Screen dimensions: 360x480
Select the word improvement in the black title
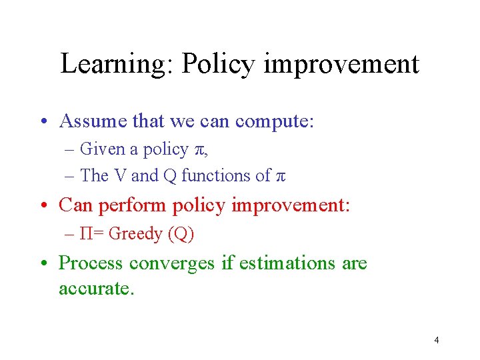[x=341, y=64]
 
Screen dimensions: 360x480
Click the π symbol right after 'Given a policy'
[x=201, y=150]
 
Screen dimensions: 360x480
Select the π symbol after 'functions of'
[x=280, y=177]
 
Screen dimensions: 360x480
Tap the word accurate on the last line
[x=96, y=288]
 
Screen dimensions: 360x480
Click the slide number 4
[x=436, y=341]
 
